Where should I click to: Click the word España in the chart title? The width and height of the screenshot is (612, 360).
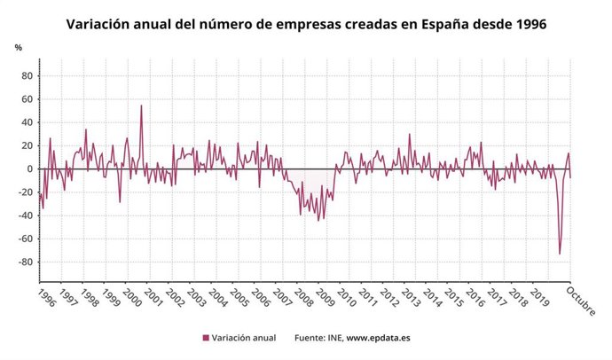pyautogui.click(x=435, y=25)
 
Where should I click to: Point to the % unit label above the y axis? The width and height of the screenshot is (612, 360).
pyautogui.click(x=18, y=46)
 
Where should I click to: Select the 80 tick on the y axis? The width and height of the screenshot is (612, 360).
pyautogui.click(x=27, y=75)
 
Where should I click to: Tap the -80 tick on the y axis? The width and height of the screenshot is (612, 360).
pyautogui.click(x=25, y=262)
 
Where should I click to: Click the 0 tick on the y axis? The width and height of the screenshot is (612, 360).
pyautogui.click(x=29, y=168)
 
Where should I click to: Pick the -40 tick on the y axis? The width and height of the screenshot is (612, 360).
pyautogui.click(x=25, y=215)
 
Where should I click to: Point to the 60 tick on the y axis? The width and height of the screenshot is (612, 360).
pyautogui.click(x=27, y=98)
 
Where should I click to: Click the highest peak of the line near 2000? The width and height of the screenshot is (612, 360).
pyautogui.click(x=141, y=106)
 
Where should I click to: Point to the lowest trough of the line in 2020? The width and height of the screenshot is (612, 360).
pyautogui.click(x=560, y=254)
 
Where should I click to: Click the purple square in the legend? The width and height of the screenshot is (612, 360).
pyautogui.click(x=206, y=338)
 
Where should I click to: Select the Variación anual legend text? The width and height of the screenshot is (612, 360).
pyautogui.click(x=245, y=338)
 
